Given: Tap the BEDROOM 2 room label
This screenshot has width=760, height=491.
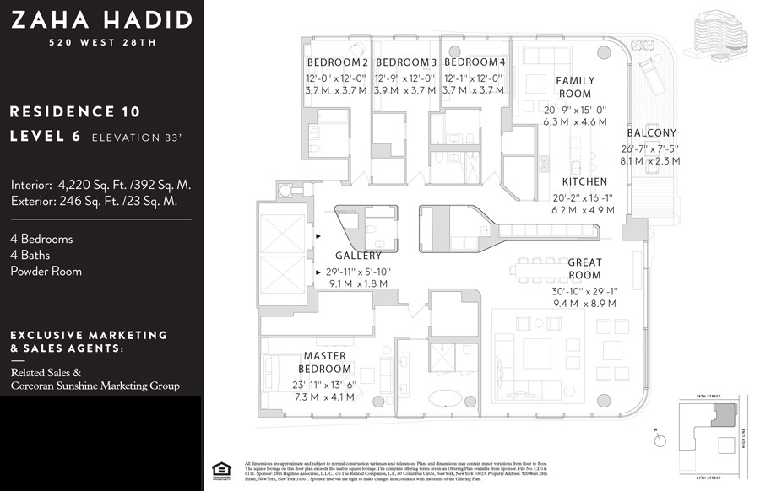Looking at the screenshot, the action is (337, 63).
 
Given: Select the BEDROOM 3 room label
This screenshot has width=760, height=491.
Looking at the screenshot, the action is (406, 63).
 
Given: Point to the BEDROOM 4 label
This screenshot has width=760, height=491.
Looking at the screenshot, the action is (475, 63).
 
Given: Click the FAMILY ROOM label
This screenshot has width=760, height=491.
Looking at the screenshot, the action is (574, 87).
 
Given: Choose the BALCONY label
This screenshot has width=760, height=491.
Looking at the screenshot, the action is (651, 133).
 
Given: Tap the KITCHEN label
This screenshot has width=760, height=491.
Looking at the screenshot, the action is (584, 182).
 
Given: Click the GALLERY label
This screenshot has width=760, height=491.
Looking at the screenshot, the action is (358, 256).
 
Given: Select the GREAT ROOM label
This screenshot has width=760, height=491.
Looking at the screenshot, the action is (584, 269).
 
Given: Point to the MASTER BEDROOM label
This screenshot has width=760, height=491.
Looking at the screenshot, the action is (325, 363).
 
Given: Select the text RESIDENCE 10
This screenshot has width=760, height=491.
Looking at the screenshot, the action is (75, 111).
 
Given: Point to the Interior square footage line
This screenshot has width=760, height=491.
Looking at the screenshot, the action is (101, 185).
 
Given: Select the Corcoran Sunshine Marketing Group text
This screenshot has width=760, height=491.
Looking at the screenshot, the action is (95, 386).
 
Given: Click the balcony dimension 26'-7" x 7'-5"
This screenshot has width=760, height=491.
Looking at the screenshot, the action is (651, 148).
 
